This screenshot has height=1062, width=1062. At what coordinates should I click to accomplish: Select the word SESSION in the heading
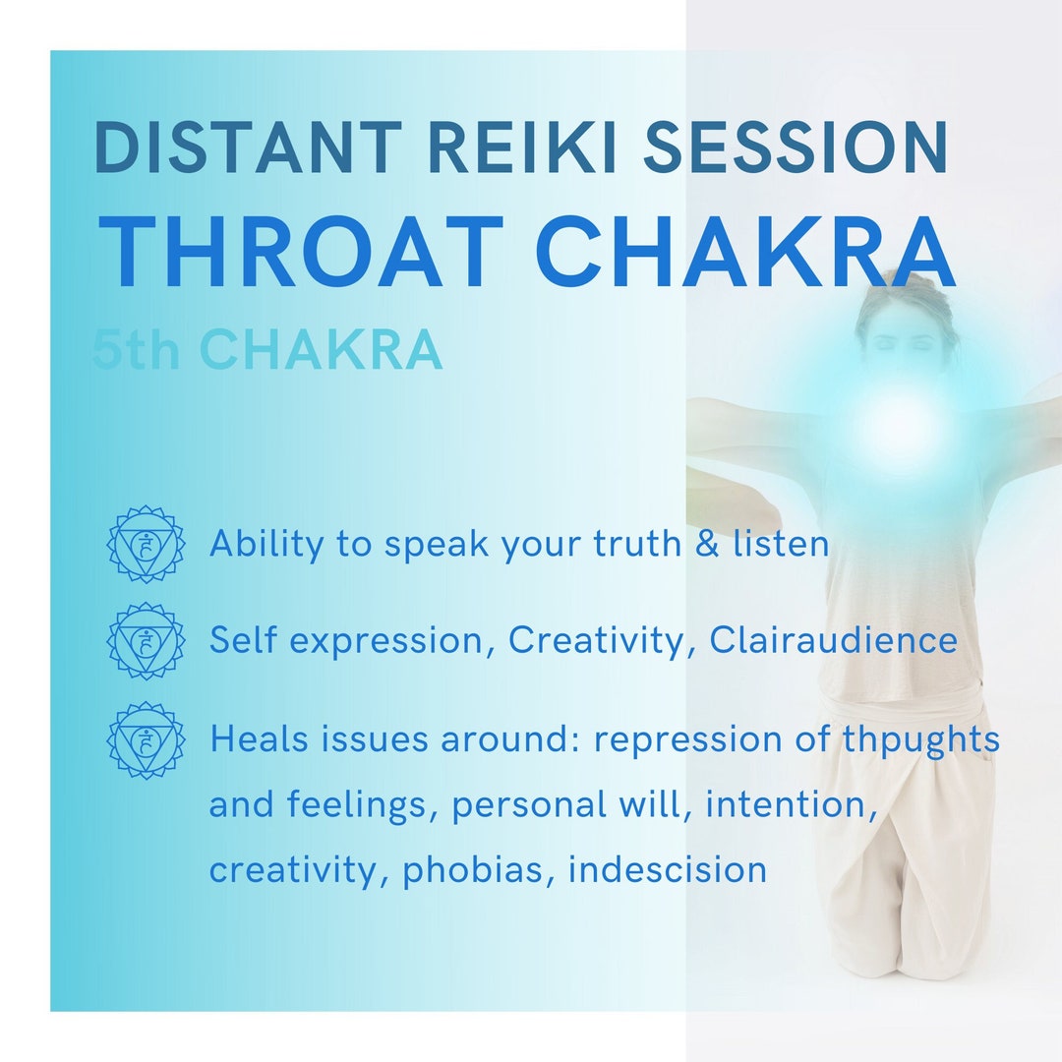[796, 147]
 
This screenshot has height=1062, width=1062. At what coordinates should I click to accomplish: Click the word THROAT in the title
[301, 252]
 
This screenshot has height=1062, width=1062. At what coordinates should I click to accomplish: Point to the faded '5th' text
[136, 349]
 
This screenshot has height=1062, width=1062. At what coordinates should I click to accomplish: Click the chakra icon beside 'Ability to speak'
[146, 544]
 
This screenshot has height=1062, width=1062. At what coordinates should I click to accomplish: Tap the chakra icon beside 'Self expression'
[146, 640]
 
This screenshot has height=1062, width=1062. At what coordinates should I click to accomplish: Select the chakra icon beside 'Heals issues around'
[146, 739]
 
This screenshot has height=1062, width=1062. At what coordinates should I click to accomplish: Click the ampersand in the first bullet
[707, 544]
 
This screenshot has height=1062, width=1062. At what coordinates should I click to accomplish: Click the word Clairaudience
[833, 640]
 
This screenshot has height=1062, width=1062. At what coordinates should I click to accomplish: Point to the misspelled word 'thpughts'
[921, 739]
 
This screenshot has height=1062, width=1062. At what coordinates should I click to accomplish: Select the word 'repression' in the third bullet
[688, 739]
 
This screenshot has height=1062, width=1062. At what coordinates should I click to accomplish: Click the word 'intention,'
[792, 805]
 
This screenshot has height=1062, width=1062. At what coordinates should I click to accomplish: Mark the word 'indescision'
[667, 869]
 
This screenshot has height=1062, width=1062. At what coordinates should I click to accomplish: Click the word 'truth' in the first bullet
[637, 544]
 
